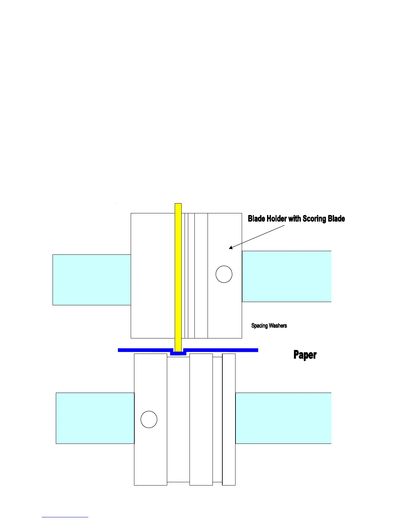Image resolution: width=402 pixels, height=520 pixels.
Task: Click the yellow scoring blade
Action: [x=178, y=276]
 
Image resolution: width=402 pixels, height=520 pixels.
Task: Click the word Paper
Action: [x=305, y=355]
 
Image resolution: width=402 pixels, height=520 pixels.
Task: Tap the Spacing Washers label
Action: [x=269, y=326]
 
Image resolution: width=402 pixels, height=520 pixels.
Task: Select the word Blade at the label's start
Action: [x=257, y=219]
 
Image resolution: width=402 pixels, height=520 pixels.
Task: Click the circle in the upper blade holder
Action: [x=224, y=274]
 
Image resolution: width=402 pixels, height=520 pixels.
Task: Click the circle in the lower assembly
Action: [x=149, y=419]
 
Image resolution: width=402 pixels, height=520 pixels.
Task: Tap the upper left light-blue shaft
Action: [x=92, y=280]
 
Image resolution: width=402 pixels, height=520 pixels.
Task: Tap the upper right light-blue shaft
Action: [x=286, y=276]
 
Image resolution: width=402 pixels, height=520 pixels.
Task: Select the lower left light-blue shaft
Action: [x=95, y=418]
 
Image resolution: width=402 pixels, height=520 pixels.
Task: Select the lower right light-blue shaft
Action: [x=283, y=418]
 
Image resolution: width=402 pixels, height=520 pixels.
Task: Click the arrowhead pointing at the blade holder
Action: [x=231, y=248]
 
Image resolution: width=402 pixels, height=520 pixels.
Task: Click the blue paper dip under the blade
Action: [x=178, y=354]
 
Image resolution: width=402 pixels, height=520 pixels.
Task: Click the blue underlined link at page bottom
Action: [x=65, y=517]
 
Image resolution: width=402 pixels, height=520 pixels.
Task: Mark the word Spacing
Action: [x=259, y=326]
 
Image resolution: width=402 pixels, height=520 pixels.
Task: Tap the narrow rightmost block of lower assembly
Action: [x=229, y=419]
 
